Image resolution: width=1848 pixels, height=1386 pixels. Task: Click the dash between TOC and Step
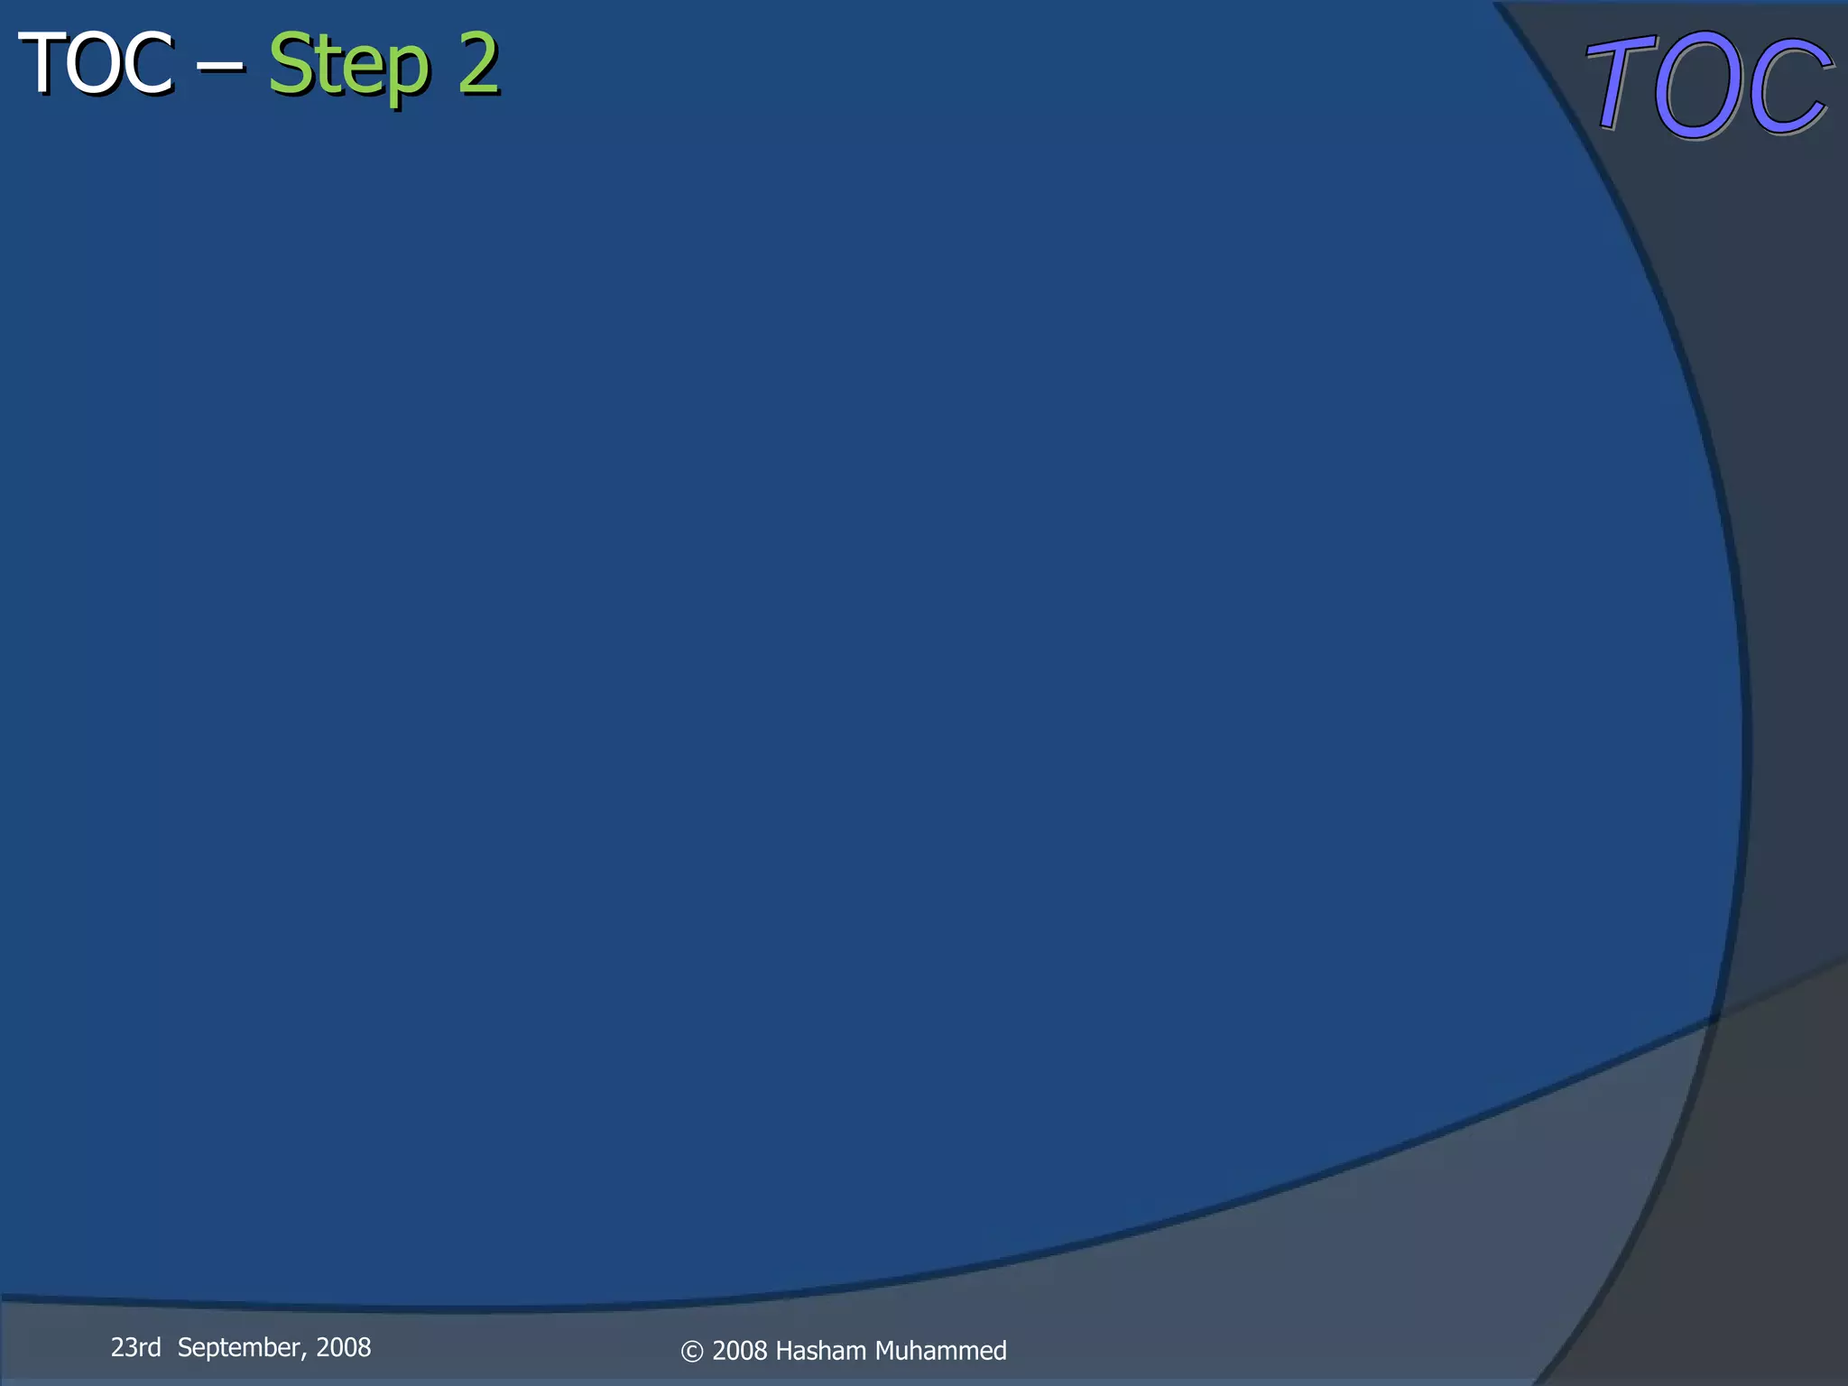point(220,65)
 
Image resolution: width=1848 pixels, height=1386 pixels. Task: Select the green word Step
point(347,65)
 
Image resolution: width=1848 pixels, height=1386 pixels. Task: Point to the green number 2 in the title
point(477,63)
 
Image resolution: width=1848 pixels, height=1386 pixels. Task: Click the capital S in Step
point(291,63)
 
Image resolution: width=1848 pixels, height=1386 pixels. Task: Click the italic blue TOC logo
point(1708,85)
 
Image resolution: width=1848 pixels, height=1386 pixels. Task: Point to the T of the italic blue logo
point(1621,83)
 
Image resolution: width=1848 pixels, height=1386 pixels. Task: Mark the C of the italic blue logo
point(1787,87)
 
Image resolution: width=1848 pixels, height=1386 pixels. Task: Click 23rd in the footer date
point(135,1347)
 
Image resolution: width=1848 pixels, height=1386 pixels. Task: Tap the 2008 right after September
point(344,1347)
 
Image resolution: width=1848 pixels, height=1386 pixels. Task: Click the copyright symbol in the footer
point(691,1351)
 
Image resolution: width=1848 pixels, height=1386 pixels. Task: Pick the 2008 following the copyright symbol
point(740,1351)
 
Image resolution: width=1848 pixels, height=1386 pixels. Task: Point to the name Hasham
point(820,1351)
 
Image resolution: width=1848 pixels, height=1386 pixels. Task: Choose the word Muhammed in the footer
point(940,1351)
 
